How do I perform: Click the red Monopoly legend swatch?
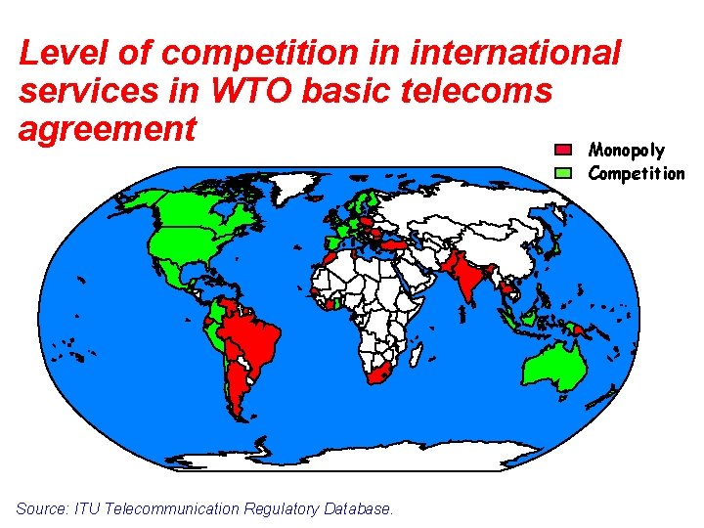(563, 150)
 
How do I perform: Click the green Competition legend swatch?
(563, 173)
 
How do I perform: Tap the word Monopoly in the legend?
(626, 150)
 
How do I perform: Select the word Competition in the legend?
(636, 173)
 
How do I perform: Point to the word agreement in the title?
(108, 127)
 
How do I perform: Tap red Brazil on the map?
(256, 337)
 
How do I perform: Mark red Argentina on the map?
(238, 396)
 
